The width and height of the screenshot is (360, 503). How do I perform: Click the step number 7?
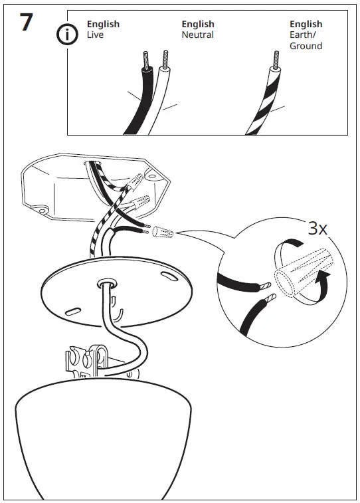click(x=25, y=22)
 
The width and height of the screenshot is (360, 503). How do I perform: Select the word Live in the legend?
click(x=95, y=35)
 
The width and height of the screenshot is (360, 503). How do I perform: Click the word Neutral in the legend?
click(x=197, y=35)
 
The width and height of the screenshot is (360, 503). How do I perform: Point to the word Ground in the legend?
click(x=306, y=46)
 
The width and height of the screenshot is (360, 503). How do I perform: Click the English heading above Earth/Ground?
click(x=306, y=25)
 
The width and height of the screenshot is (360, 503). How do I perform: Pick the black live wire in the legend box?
click(x=136, y=100)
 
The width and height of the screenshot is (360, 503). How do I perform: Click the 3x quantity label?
click(x=318, y=229)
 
